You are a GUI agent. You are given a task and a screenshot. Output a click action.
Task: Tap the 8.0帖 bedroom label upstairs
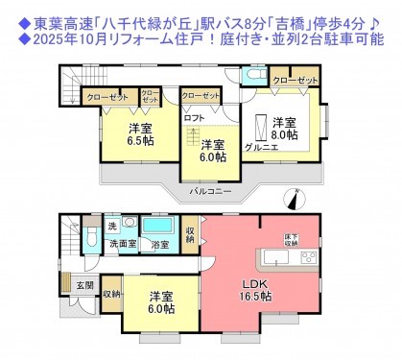[x=282, y=129]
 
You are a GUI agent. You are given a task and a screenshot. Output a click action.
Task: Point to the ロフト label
[x=194, y=118]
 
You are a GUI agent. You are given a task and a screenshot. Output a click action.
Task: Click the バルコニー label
[x=207, y=192]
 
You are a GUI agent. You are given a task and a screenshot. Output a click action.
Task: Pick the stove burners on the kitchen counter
[x=309, y=258]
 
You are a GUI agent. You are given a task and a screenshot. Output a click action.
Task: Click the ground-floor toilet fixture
[x=89, y=236]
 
